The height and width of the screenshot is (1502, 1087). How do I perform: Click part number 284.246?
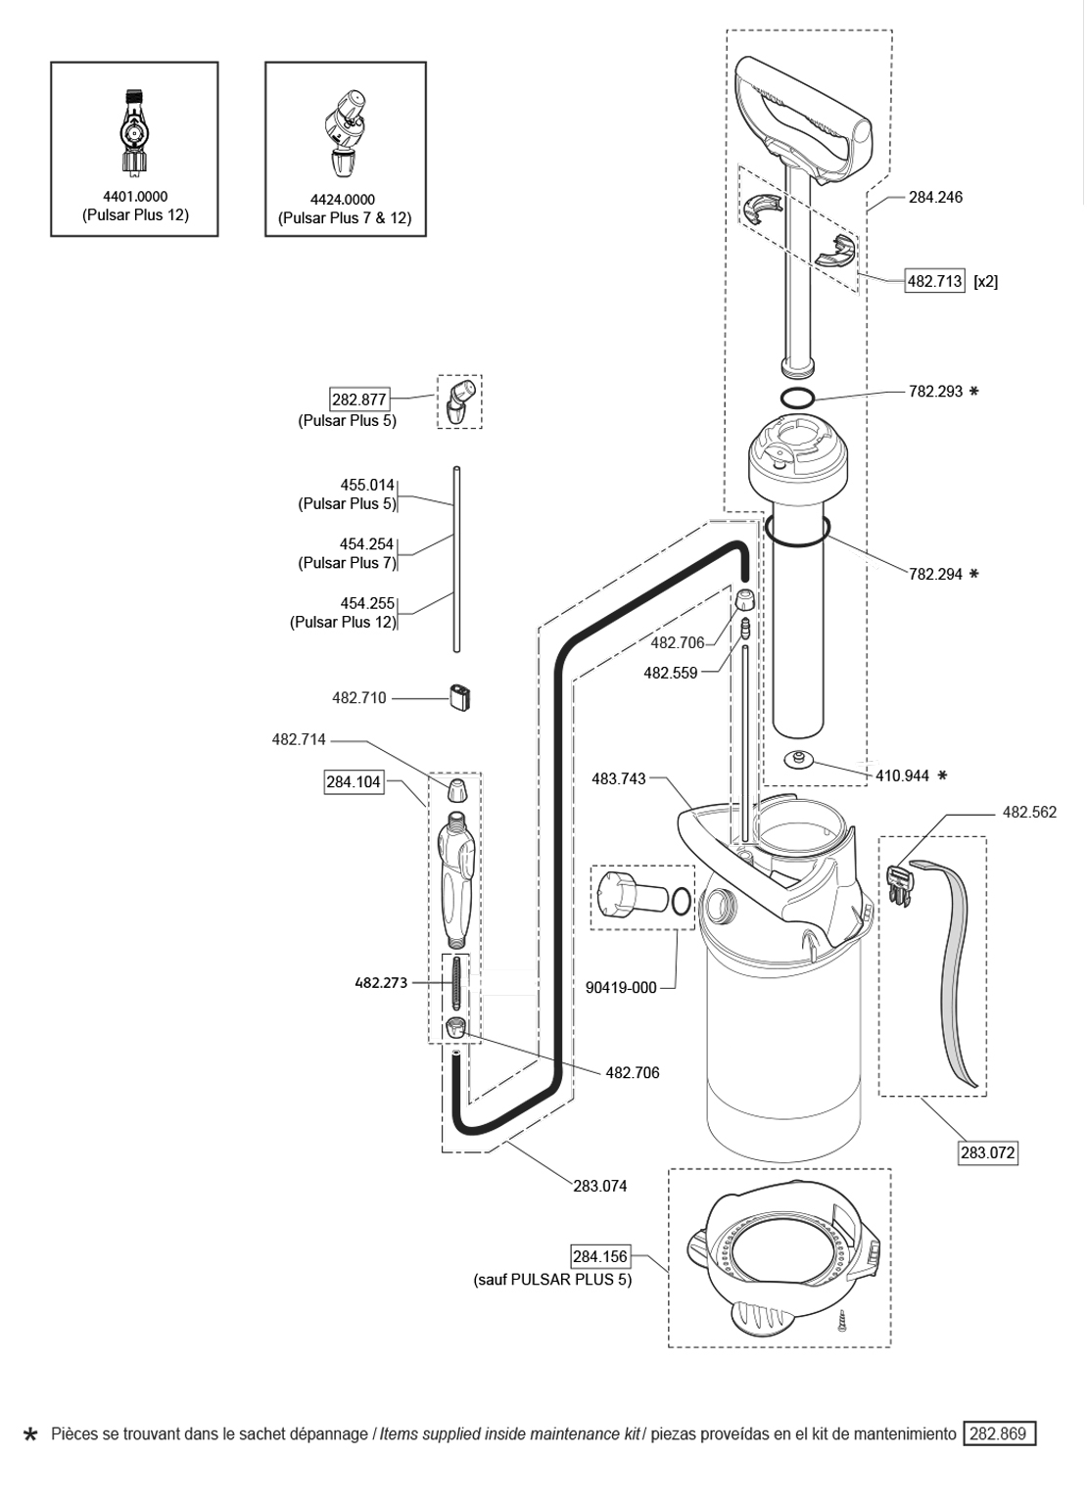coord(935,197)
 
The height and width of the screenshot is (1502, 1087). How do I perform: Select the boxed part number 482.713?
coord(935,281)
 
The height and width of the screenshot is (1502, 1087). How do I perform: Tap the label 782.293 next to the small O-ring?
coord(935,392)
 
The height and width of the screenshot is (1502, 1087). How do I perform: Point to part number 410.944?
coord(901,775)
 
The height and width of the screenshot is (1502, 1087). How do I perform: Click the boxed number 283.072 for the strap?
coord(987,1152)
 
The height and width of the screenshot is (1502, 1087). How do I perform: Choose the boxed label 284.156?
coord(599,1256)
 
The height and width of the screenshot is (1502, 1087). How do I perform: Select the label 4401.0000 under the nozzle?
coord(135,197)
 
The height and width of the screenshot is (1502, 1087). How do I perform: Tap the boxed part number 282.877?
coord(359,399)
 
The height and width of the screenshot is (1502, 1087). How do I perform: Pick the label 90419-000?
coord(621,988)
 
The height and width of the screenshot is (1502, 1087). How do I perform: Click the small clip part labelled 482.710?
coord(459,697)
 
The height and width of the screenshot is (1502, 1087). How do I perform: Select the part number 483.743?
coord(619,778)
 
